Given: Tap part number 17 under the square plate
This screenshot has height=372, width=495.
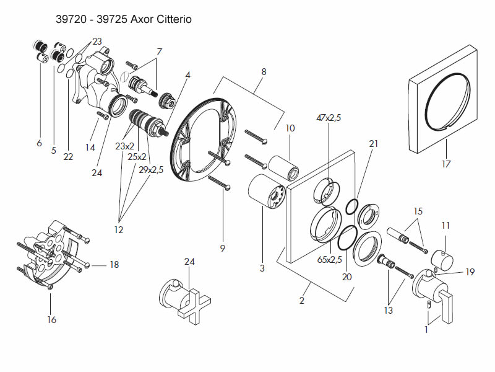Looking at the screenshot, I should pos(446,164).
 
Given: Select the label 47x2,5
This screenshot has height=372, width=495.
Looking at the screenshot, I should pos(329,117).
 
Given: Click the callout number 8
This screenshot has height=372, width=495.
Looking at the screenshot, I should pos(264,72).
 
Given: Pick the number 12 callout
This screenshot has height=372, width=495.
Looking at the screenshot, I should pos(118,230).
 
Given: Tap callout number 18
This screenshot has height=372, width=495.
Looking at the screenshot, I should pos(114,265).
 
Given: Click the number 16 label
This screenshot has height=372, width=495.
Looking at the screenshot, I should pos(51,320).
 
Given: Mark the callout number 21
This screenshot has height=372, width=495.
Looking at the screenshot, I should pos(372,144).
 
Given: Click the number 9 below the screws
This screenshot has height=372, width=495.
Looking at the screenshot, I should pos(222,249).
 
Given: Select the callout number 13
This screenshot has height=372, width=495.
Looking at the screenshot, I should pos(388,311).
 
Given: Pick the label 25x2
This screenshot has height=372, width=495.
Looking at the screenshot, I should pos(137,157).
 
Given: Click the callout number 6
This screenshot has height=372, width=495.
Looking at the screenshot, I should pos(39,143).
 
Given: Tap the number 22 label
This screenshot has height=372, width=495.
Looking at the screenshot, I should pos(68,157).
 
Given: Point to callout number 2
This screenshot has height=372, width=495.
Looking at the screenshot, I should pos(301,301).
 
